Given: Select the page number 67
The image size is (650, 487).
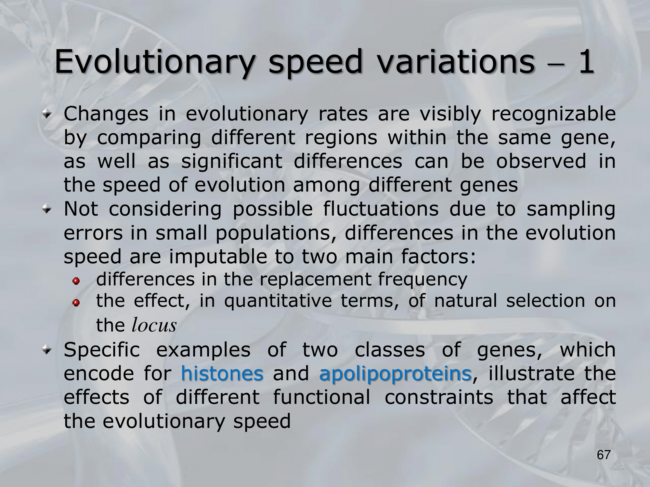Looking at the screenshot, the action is click(604, 455).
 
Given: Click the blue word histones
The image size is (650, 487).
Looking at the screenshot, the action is click(222, 373).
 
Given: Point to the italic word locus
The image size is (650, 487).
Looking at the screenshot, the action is click(154, 325).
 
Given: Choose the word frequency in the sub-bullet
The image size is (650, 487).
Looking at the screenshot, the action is click(422, 280).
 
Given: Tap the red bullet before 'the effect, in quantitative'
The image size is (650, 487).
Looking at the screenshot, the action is click(76, 303).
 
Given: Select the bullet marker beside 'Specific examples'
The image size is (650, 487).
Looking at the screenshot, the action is click(47, 351).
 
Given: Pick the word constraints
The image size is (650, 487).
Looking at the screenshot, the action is click(439, 397).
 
